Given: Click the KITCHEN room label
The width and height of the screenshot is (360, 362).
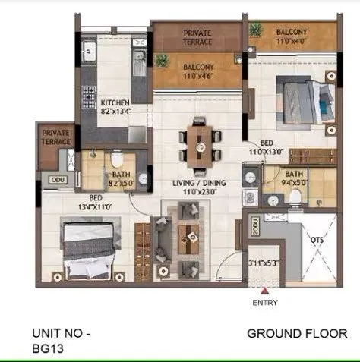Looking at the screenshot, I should point(115,102).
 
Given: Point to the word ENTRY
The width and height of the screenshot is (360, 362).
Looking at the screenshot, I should point(265,303).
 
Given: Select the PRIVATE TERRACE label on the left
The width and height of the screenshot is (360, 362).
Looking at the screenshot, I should point(55,136).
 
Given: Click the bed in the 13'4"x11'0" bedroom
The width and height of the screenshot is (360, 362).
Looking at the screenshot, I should point(89,247).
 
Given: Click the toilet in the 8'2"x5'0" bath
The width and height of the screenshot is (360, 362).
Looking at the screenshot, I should point(117,160).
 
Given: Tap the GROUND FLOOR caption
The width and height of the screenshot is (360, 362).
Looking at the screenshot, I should point(297,333).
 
